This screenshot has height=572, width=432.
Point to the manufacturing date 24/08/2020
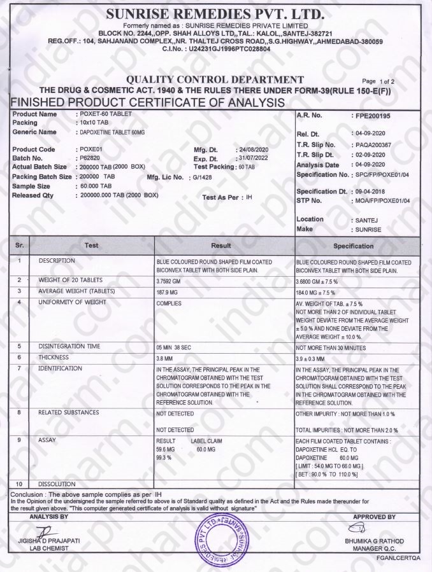(x=249, y=150)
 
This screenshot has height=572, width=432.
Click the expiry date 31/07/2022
(x=249, y=158)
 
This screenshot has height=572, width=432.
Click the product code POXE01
(x=90, y=150)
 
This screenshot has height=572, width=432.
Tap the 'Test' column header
(x=91, y=245)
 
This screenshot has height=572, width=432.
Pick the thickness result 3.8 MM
(x=165, y=358)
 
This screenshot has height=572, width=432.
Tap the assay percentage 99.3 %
(x=164, y=457)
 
